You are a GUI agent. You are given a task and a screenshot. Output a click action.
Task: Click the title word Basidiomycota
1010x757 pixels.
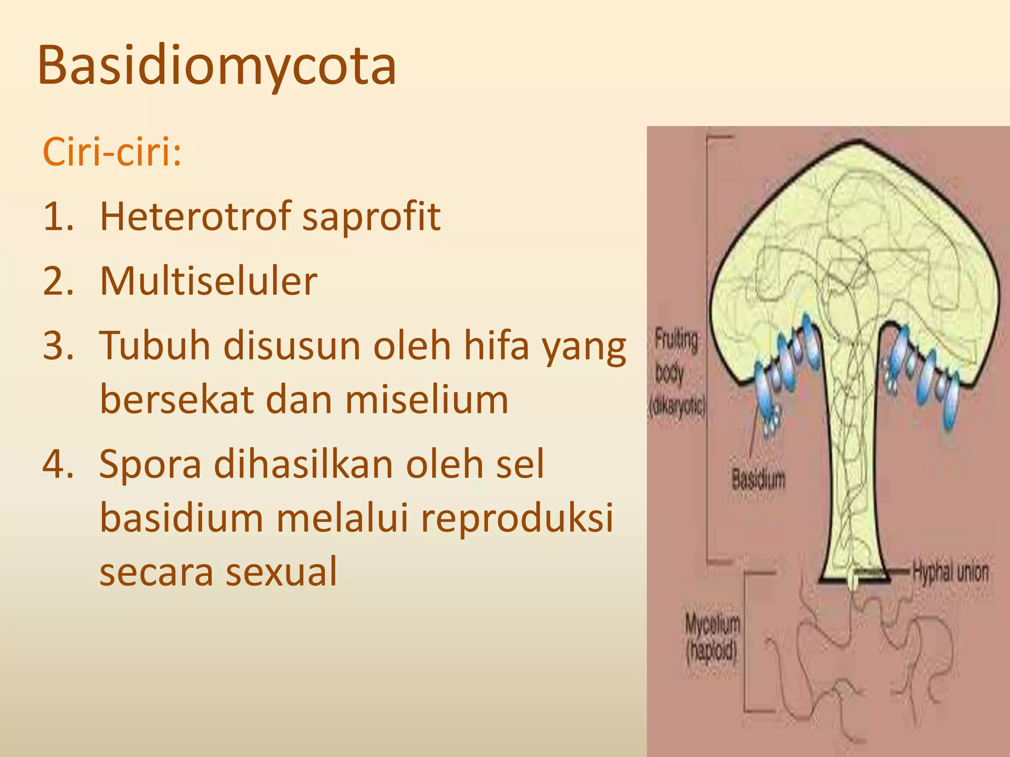click(217, 66)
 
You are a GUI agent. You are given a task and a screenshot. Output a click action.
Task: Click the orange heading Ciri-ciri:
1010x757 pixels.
click(112, 152)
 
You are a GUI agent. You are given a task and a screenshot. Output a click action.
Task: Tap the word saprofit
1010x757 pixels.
click(371, 217)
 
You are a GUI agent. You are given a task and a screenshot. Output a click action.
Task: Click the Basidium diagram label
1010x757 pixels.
click(758, 479)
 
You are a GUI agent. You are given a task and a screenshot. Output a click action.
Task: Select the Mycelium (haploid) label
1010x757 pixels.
click(712, 638)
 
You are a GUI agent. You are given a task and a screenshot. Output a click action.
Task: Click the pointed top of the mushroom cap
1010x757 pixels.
click(860, 143)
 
